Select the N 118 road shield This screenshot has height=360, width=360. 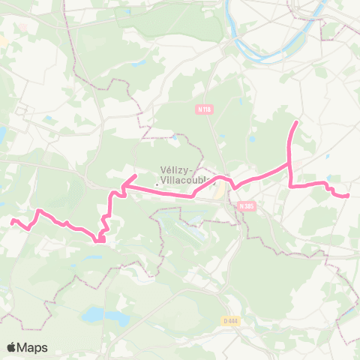[x=202, y=109]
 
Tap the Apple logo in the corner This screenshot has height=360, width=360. [x=11, y=347]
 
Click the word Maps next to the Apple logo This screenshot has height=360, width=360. [x=33, y=347]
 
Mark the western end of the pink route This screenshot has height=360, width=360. [x=12, y=220]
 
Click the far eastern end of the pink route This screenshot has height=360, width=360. [x=348, y=196]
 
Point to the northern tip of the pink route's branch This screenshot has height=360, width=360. [x=298, y=121]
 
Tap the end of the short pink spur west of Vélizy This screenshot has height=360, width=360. [x=134, y=176]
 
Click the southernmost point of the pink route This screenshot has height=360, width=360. [x=98, y=241]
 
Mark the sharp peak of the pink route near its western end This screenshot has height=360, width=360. [x=38, y=211]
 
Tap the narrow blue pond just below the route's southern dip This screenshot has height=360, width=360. [x=94, y=256]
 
